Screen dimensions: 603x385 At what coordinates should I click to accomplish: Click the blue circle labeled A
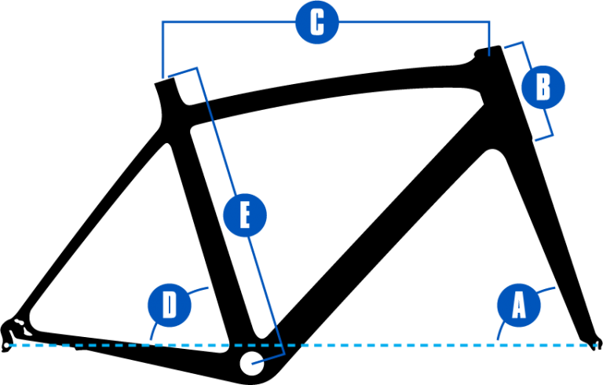click(x=519, y=306)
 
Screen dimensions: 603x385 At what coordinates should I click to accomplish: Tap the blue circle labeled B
click(x=543, y=87)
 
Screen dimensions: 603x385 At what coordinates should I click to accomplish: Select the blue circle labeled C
click(x=317, y=22)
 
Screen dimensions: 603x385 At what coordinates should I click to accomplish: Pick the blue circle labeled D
click(x=170, y=306)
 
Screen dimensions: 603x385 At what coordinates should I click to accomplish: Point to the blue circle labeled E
click(x=245, y=215)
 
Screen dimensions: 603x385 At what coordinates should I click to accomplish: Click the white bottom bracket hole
click(x=252, y=363)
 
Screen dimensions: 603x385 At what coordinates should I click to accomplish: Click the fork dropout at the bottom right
click(x=594, y=343)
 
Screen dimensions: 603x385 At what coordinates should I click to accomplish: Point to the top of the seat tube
click(x=166, y=82)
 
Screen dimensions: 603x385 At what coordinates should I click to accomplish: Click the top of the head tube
click(x=488, y=51)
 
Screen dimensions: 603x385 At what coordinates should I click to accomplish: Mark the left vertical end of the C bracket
click(x=163, y=49)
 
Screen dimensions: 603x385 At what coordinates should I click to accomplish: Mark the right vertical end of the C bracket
click(x=489, y=38)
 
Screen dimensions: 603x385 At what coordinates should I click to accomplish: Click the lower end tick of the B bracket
click(x=544, y=137)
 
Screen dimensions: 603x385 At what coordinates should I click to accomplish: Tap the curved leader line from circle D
click(x=154, y=330)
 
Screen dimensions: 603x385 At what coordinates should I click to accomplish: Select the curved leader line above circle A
click(x=546, y=290)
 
